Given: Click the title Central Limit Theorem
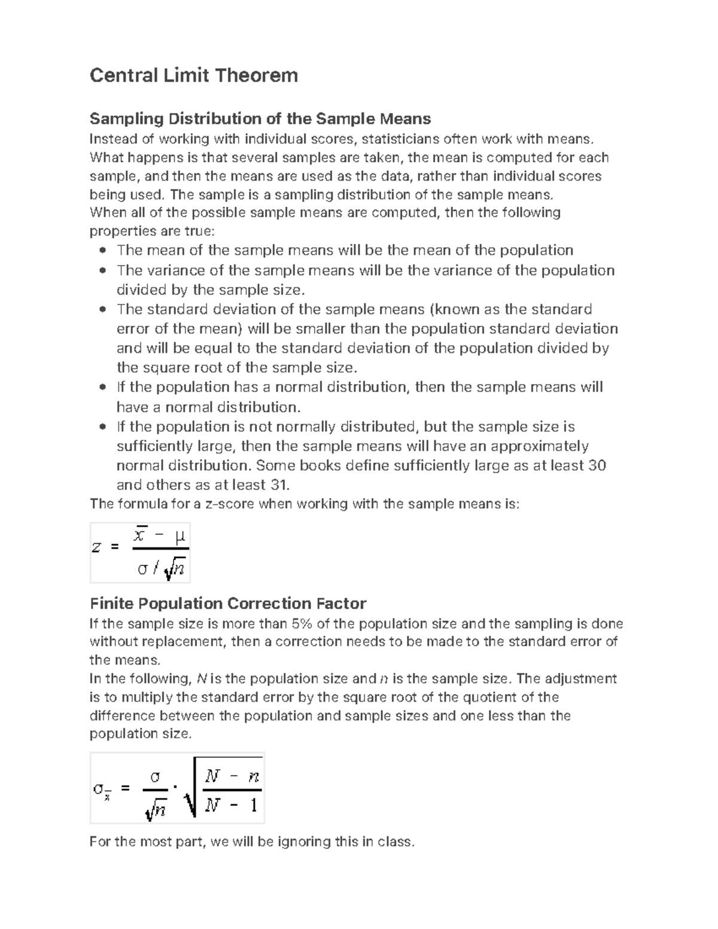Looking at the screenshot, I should coord(193,76).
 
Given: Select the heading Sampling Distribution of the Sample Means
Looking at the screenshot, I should coord(260,118).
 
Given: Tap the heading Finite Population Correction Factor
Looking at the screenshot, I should coord(227,603).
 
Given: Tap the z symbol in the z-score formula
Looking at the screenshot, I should coord(96,547).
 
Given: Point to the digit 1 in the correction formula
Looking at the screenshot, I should coord(253,806).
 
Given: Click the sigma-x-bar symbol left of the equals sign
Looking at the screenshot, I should coord(101,790).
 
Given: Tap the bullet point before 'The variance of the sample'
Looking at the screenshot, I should coord(103,270).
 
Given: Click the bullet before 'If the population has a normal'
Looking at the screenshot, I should coord(103,387).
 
